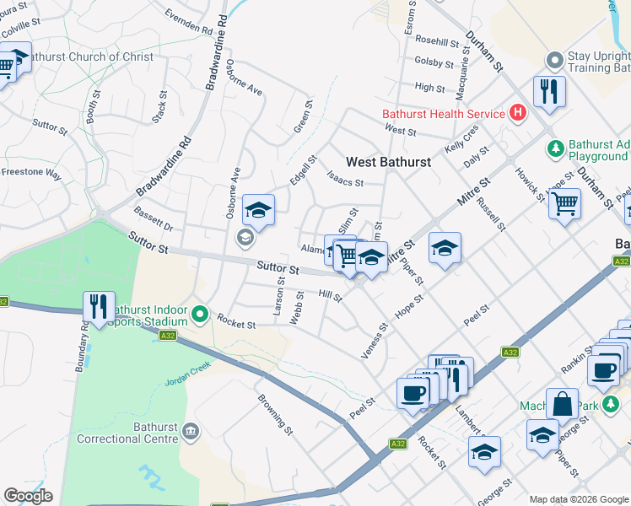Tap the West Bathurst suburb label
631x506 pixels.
point(388,161)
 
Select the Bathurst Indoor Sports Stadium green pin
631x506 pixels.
point(200,315)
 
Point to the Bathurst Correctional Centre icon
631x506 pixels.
point(191,432)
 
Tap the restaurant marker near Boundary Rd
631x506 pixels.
point(99,308)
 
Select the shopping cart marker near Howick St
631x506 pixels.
point(564,202)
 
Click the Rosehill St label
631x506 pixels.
point(436,40)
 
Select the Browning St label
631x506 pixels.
point(274,413)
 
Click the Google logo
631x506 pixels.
point(28,496)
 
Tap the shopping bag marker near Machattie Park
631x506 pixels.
point(562,405)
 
